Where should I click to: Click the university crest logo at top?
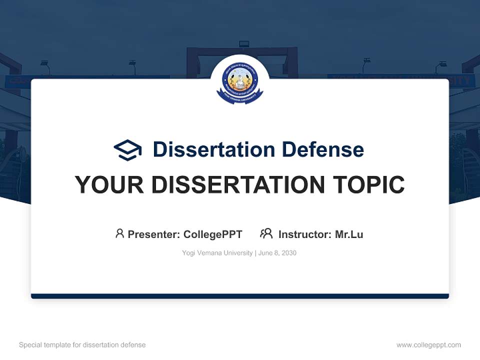click(x=240, y=81)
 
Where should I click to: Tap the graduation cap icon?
click(x=127, y=150)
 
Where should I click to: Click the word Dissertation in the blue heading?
click(x=213, y=149)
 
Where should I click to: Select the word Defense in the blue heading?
click(x=322, y=149)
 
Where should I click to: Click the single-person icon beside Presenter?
click(x=119, y=233)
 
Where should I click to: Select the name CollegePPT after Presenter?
click(x=212, y=234)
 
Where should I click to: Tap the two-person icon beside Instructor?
click(x=266, y=233)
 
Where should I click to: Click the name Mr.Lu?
click(x=349, y=234)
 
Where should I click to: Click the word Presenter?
click(x=154, y=234)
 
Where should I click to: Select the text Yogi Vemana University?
click(x=217, y=253)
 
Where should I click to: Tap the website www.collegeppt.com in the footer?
click(x=428, y=345)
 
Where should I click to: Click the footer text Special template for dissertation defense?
click(x=82, y=345)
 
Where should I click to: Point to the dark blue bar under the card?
click(x=240, y=296)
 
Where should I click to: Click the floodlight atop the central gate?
click(x=244, y=44)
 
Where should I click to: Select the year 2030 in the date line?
click(x=288, y=253)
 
